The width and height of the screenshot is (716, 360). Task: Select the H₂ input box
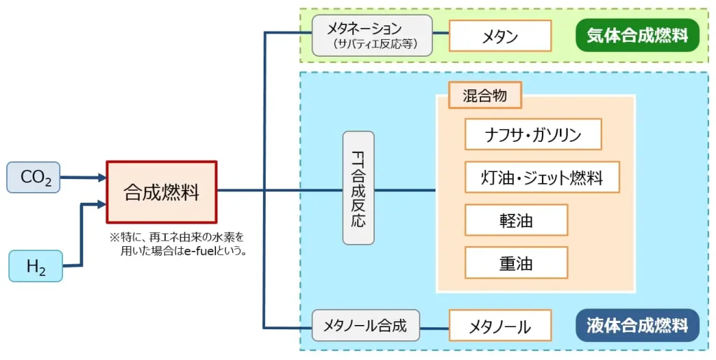coord(36,266)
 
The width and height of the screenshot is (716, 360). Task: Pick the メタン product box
coord(500,36)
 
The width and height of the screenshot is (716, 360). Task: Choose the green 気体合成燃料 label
coord(637,35)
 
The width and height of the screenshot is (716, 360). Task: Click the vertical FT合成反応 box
coord(359,187)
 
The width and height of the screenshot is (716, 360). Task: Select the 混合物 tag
coord(485,96)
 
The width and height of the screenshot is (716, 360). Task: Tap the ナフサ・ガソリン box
coord(533,134)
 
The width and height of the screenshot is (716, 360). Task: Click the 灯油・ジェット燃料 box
coord(543,177)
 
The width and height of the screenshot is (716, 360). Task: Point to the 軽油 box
coord(516,220)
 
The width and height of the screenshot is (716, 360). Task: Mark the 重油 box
coord(516,263)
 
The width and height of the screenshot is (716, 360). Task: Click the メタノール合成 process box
coord(366,325)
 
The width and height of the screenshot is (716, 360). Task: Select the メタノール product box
coord(500,326)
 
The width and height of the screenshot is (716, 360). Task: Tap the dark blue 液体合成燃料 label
coord(637,325)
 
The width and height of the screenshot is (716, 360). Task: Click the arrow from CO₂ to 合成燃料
coord(83,178)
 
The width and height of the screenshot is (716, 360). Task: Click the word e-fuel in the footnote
coord(199,250)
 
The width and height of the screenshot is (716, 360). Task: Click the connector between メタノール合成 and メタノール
coord(434,326)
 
